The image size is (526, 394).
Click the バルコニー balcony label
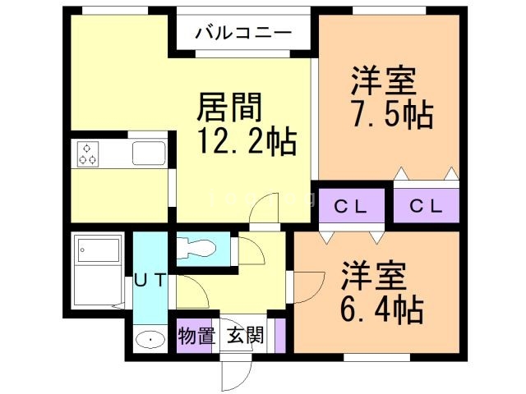coord(243,34)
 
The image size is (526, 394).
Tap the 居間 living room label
coord(230,108)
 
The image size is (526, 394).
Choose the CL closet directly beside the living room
coord(350,205)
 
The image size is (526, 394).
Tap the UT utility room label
coord(150,279)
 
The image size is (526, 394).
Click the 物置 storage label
coord(196,336)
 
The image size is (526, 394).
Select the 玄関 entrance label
coord(246,336)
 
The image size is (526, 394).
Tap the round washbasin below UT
coord(149,339)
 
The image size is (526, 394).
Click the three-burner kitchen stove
coord(89,153)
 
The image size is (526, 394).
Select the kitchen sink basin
coord(149,153)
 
